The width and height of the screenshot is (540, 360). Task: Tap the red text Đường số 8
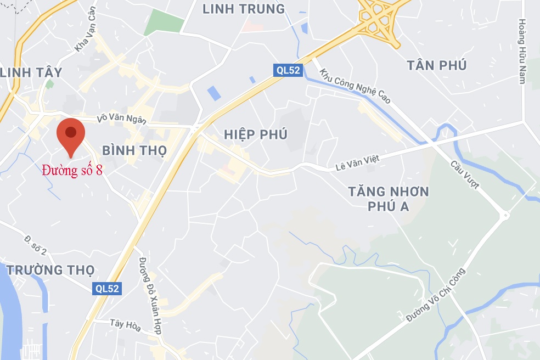click(x=72, y=170)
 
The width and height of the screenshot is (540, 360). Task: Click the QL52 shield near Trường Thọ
click(x=107, y=288)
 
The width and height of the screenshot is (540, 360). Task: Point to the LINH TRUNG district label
click(x=244, y=9)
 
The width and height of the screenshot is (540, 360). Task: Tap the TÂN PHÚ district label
click(x=437, y=65)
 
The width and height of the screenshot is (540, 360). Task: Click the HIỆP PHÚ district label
click(x=256, y=134)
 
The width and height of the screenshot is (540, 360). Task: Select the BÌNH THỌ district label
click(x=134, y=150)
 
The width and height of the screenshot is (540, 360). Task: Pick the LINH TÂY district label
click(x=31, y=72)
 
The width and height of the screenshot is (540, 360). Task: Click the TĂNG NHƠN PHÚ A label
click(x=389, y=199)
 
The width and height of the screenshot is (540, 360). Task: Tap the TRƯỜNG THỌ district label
click(x=50, y=270)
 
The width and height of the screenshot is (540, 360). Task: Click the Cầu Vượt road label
click(x=465, y=175)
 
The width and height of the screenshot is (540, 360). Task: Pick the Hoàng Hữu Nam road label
click(x=522, y=52)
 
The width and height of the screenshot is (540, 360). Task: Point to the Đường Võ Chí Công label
click(x=436, y=295)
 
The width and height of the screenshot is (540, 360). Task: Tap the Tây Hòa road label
click(x=125, y=325)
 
